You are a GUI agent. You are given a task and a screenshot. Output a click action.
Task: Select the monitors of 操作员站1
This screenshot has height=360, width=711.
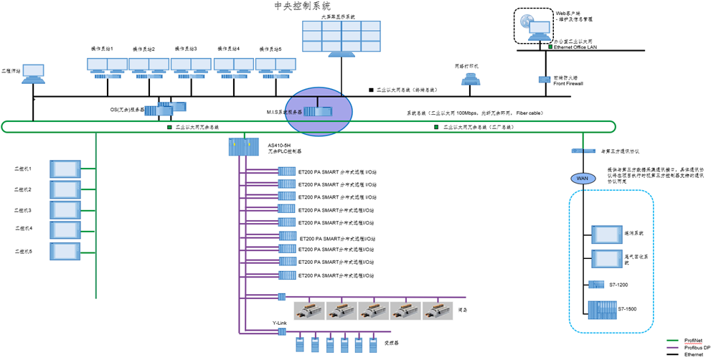107,65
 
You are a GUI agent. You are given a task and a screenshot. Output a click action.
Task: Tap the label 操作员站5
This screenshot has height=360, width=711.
269,49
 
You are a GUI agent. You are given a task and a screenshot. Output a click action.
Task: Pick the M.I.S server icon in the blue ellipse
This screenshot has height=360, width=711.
316,111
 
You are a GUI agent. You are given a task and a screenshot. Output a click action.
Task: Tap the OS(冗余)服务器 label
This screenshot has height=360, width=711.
128,110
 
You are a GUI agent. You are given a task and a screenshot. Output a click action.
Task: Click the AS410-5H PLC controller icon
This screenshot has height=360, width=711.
243,147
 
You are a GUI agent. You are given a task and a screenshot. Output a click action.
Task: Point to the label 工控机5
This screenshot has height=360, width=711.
24,252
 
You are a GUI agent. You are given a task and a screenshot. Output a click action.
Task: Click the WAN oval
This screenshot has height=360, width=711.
582,178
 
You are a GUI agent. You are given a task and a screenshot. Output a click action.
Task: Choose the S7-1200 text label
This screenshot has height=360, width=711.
618,285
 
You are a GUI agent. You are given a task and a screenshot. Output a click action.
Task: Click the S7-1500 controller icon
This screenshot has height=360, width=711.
601,308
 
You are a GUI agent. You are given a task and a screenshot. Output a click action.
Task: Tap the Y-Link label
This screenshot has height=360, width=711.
280,323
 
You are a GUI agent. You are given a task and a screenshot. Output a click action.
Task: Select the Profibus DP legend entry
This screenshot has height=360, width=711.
697,348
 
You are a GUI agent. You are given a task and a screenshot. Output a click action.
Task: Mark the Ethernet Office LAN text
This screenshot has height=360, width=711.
575,47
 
